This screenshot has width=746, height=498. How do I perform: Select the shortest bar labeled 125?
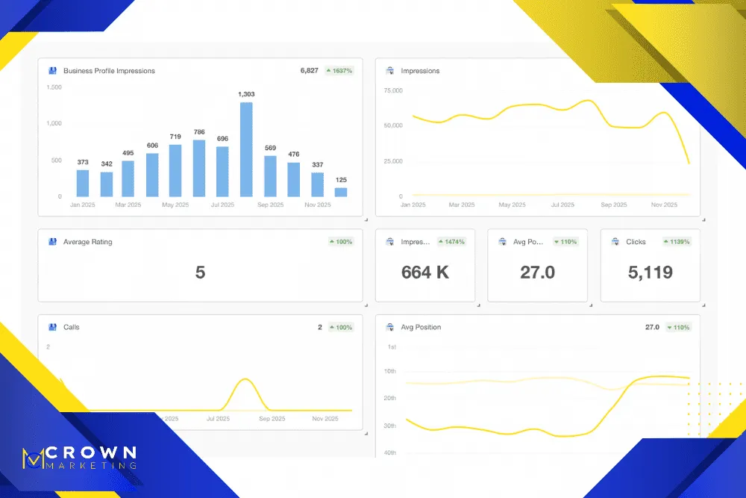[341, 192]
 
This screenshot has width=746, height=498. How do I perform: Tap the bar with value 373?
[82, 183]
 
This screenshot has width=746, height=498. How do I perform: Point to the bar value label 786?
[199, 132]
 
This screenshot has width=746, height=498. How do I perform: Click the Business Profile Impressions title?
[109, 71]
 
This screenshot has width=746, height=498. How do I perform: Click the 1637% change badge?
[339, 71]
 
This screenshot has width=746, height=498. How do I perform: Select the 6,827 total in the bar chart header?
[310, 71]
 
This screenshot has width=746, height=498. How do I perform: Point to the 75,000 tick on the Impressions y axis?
[392, 90]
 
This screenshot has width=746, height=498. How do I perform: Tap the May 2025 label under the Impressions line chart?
[512, 205]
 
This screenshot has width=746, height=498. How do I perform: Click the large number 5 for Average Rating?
[200, 273]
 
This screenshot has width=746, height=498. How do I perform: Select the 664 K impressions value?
[425, 273]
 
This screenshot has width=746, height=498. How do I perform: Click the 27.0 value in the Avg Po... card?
[537, 273]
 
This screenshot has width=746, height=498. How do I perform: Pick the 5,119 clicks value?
[650, 273]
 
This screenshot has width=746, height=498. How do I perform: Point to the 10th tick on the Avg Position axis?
[391, 371]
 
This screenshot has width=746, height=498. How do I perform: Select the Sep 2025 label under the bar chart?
[271, 205]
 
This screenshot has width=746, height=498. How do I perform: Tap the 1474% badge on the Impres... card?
[451, 242]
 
